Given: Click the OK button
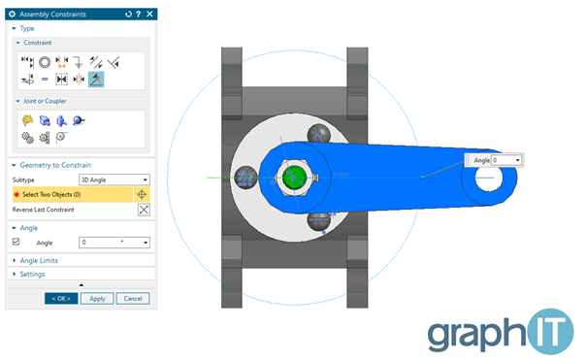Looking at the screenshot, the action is tap(61, 298).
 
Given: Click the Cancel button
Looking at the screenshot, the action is tap(133, 298).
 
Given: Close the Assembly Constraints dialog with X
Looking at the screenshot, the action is tap(149, 14).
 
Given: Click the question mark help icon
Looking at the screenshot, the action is tap(139, 14).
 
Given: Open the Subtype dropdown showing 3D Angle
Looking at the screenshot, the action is tap(114, 180).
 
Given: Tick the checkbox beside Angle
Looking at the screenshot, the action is tap(16, 242).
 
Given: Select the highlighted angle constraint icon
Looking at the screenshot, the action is tap(96, 80).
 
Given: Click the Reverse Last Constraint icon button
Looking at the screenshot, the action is tap(144, 210).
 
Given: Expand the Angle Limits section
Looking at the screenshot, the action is tap(39, 260).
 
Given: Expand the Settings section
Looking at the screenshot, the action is tap(32, 274).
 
